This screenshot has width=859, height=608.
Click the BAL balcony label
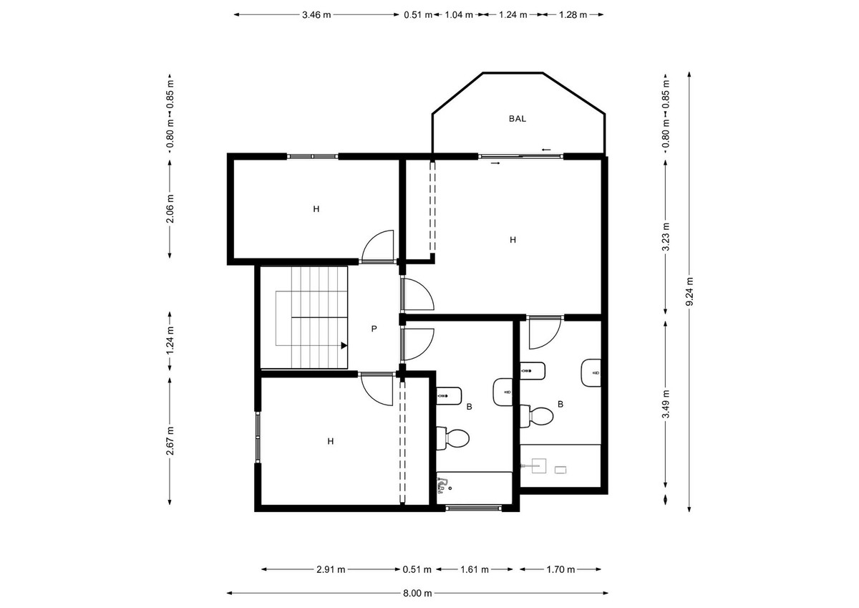click(x=517, y=119)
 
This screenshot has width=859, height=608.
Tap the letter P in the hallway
click(x=374, y=329)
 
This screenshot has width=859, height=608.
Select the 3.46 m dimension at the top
click(x=317, y=14)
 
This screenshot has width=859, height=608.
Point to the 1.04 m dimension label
click(x=458, y=14)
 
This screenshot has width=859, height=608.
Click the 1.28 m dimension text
click(x=573, y=14)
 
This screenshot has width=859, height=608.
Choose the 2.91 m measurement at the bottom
click(x=331, y=570)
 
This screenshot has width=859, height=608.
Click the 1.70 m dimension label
click(x=560, y=570)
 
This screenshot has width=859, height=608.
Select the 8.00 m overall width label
click(x=417, y=593)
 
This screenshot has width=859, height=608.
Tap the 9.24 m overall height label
click(x=689, y=292)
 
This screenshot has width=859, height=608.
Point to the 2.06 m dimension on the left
click(x=170, y=209)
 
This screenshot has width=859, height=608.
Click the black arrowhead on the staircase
click(x=344, y=345)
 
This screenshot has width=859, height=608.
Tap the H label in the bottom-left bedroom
click(x=330, y=441)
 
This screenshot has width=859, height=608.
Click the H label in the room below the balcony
click(x=513, y=240)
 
